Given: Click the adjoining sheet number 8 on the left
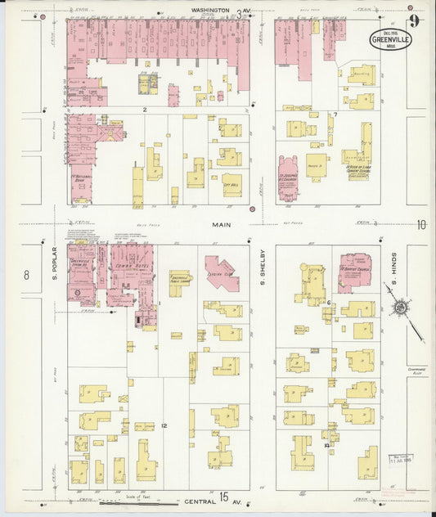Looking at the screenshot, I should click(x=26, y=275).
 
